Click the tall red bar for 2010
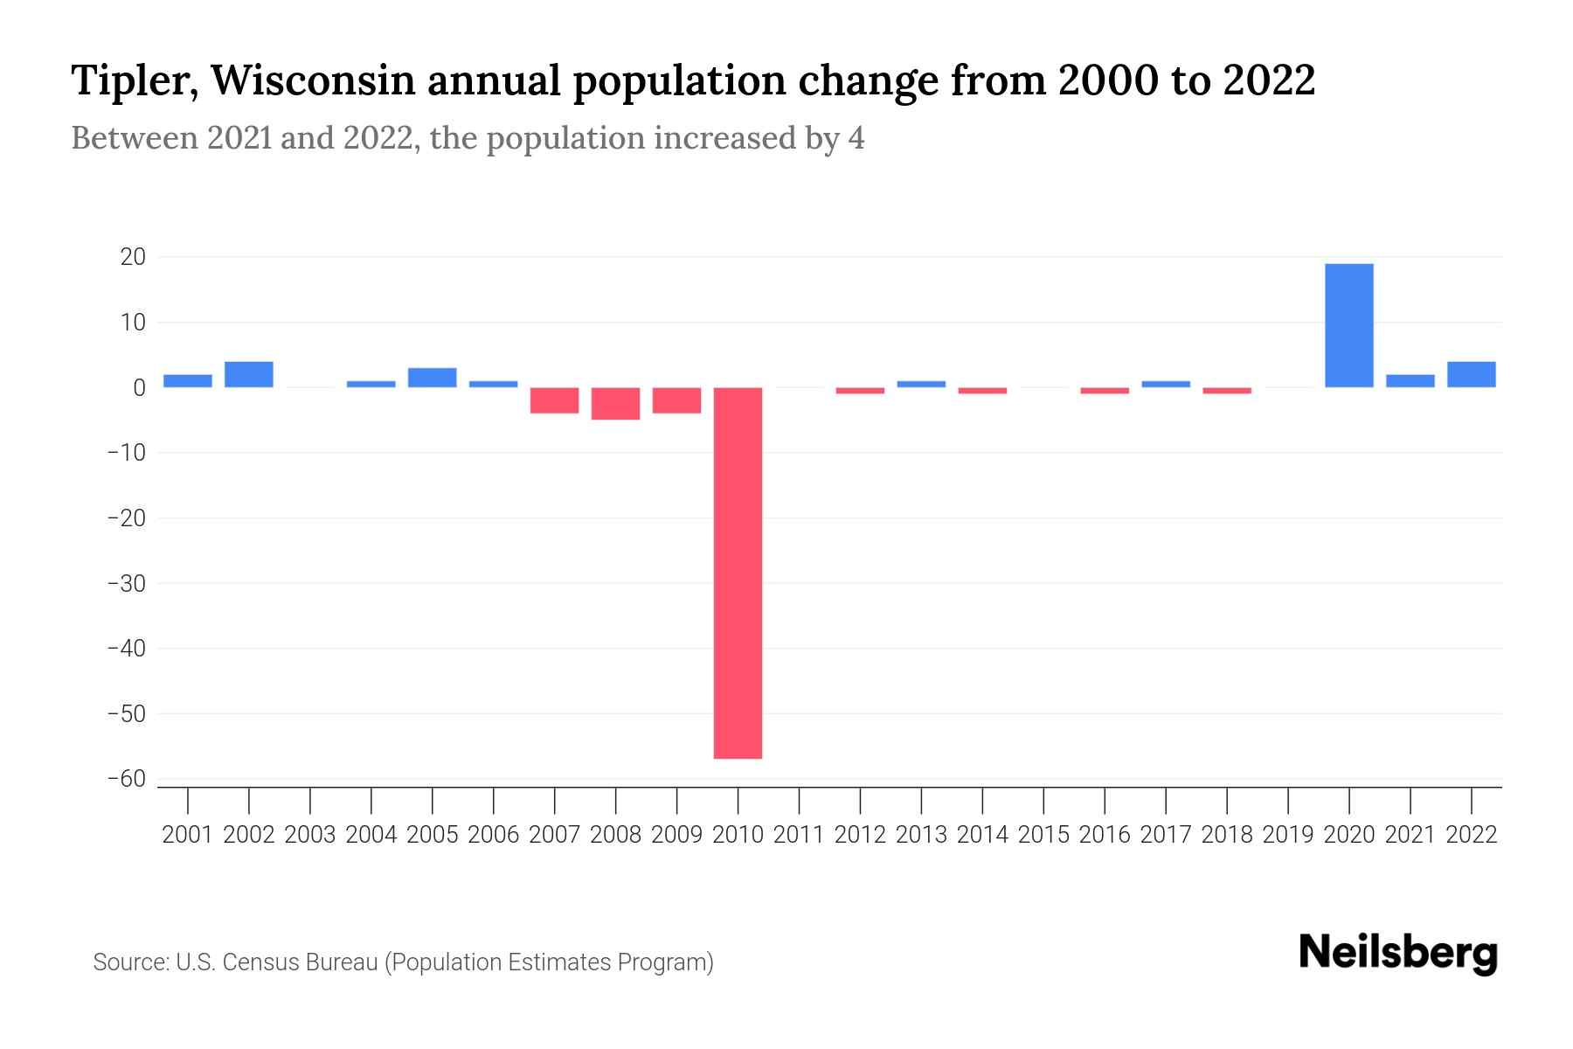pyautogui.click(x=738, y=573)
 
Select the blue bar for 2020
pyautogui.click(x=1348, y=325)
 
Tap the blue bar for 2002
pyautogui.click(x=249, y=374)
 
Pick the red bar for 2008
pyautogui.click(x=615, y=403)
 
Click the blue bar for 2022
pyautogui.click(x=1471, y=374)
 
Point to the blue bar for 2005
pyautogui.click(x=432, y=378)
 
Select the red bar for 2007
pyautogui.click(x=554, y=400)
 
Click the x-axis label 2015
pyautogui.click(x=1043, y=835)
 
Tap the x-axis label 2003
pyautogui.click(x=310, y=835)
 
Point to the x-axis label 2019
pyautogui.click(x=1288, y=835)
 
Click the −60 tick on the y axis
pyautogui.click(x=126, y=779)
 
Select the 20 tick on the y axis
pyautogui.click(x=133, y=257)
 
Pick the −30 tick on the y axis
pyautogui.click(x=126, y=583)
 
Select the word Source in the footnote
pyautogui.click(x=129, y=962)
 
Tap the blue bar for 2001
pyautogui.click(x=188, y=381)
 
